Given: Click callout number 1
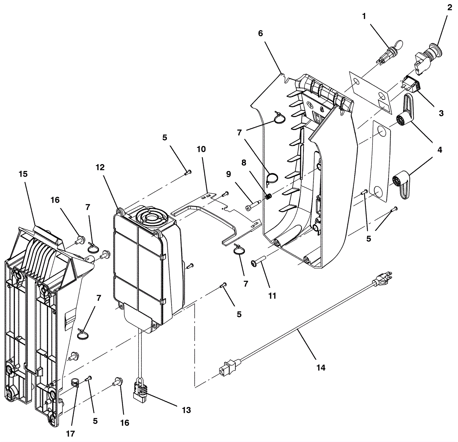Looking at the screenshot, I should (364, 17).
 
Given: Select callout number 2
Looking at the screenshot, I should (449, 8).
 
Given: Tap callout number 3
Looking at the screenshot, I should (441, 113).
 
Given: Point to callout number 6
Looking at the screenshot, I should (260, 33).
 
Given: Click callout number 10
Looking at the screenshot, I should (201, 149).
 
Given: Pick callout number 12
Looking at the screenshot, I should (100, 168).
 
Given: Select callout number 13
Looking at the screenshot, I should (186, 410).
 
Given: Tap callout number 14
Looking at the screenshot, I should (321, 367).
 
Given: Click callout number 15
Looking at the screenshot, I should (23, 174).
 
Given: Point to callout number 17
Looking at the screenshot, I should (70, 434).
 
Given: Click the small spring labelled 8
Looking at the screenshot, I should (269, 197).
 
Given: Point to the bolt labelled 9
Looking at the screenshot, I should (252, 205).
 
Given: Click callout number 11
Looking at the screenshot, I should (272, 296).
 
